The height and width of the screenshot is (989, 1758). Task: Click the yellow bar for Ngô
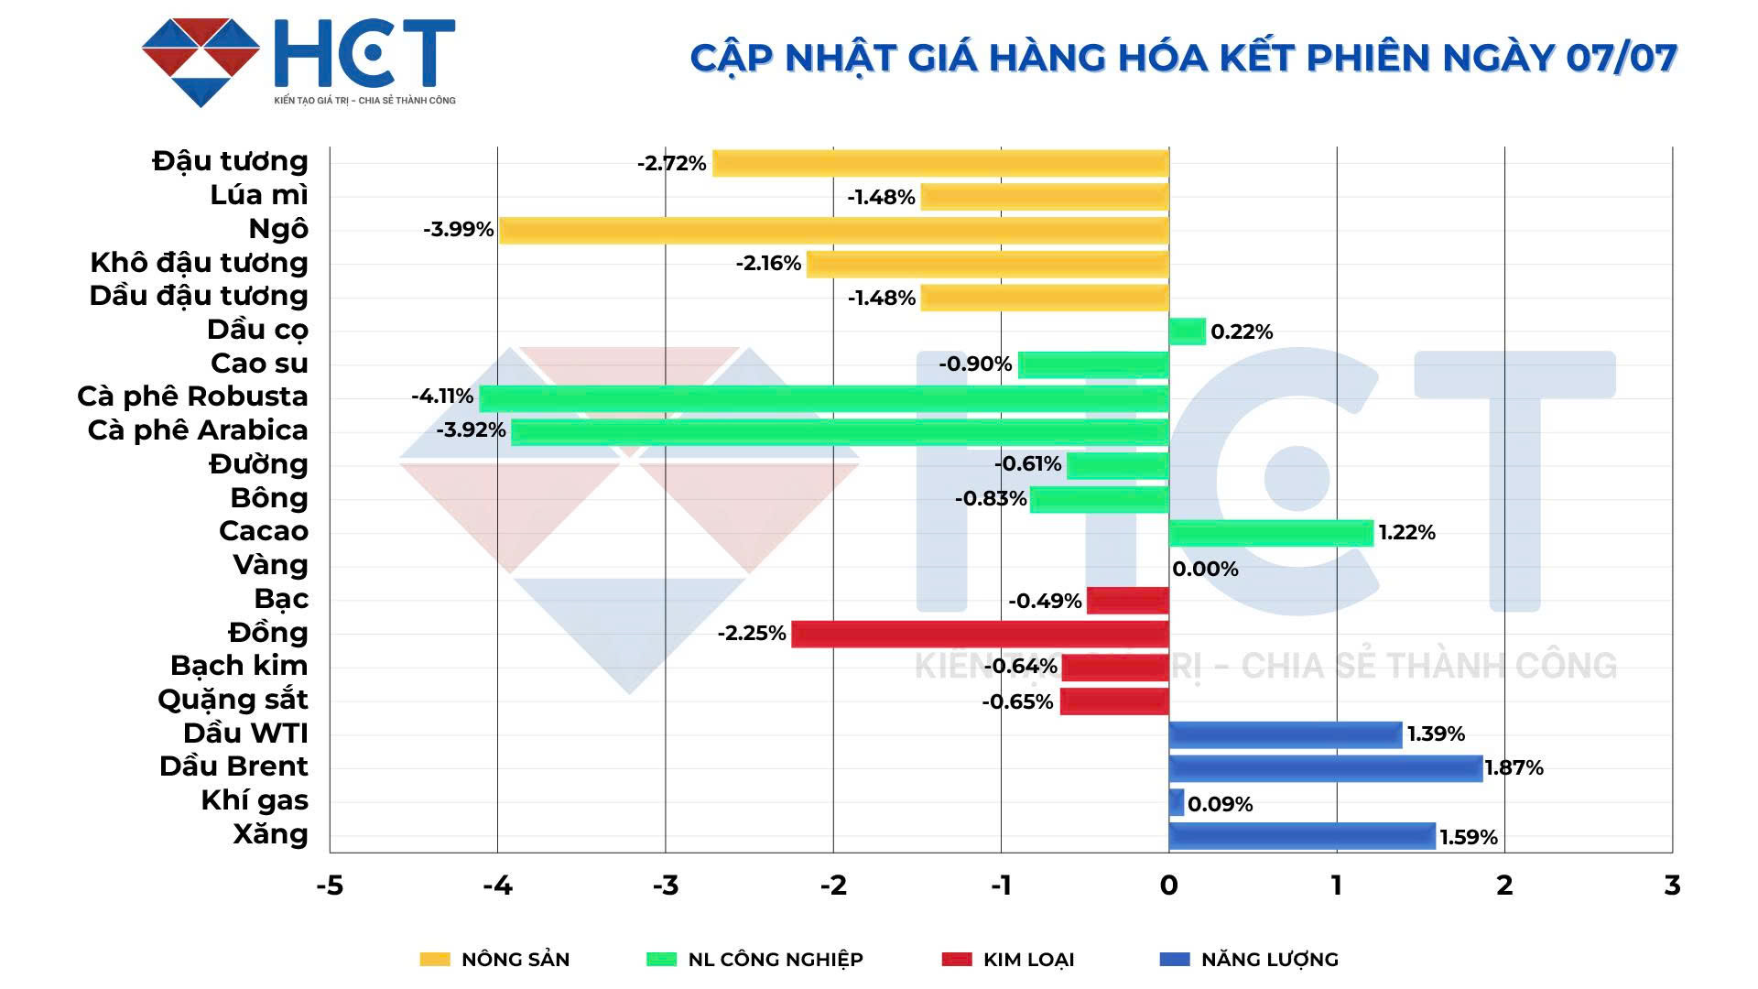[x=833, y=230]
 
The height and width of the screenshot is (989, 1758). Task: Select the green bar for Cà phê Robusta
[x=824, y=398]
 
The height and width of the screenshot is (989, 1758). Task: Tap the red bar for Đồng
[x=980, y=634]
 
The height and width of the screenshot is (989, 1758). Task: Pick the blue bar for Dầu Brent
[x=1325, y=768]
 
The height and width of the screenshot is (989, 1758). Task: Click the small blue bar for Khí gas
[x=1177, y=802]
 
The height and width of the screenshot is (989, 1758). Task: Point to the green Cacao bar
[x=1271, y=533]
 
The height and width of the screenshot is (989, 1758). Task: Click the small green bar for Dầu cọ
[x=1188, y=331]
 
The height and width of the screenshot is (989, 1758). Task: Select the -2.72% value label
[x=672, y=164]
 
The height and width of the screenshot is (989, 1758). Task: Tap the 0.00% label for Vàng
[x=1205, y=570]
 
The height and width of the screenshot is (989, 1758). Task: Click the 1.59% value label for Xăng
[x=1469, y=838]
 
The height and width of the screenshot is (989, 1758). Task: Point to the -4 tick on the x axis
[x=497, y=886]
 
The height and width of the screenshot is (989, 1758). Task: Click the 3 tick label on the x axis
[x=1672, y=886]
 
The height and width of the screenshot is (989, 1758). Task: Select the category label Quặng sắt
[x=233, y=700]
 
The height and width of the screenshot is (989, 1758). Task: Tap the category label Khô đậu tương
[x=199, y=263]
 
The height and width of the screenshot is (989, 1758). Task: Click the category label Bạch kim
[x=239, y=666]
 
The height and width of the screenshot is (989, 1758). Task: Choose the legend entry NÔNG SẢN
[x=515, y=960]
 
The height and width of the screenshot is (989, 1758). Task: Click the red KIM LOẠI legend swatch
[x=956, y=960]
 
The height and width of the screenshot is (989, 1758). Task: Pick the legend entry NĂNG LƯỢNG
[x=1269, y=960]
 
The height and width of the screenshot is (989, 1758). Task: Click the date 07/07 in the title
[x=1621, y=58]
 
